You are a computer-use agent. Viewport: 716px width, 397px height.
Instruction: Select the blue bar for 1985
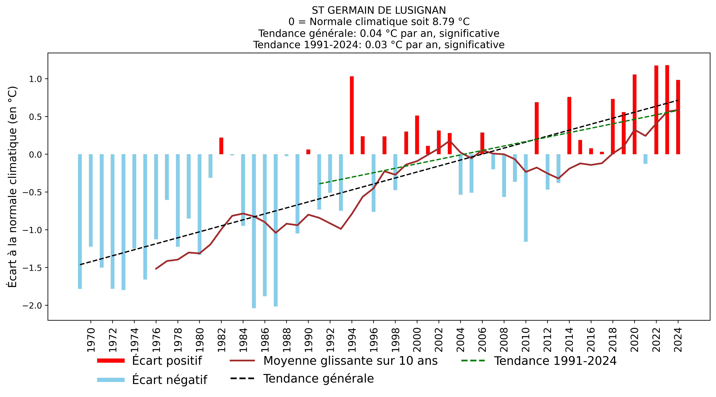[254, 231]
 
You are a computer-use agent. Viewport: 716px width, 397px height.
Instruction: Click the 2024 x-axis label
[678, 340]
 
